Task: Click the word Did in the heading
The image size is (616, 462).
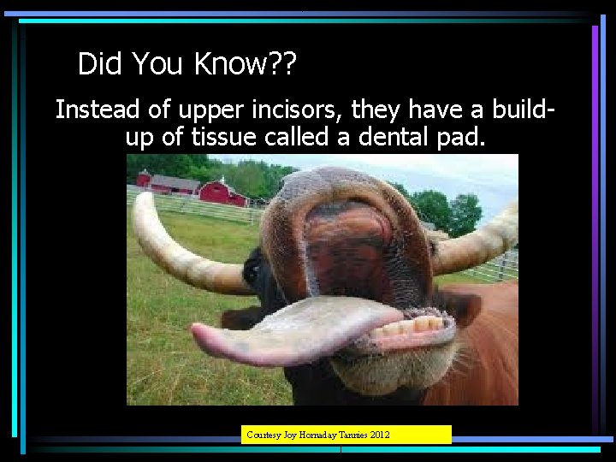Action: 98,63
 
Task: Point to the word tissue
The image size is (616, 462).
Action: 227,137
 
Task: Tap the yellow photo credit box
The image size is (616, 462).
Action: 346,435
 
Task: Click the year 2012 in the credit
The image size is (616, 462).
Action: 378,435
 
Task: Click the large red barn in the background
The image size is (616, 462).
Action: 223,192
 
